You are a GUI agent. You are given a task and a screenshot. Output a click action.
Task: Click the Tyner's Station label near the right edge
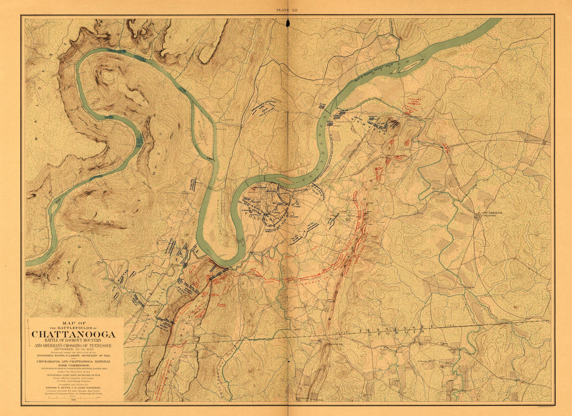tap(536, 140)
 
